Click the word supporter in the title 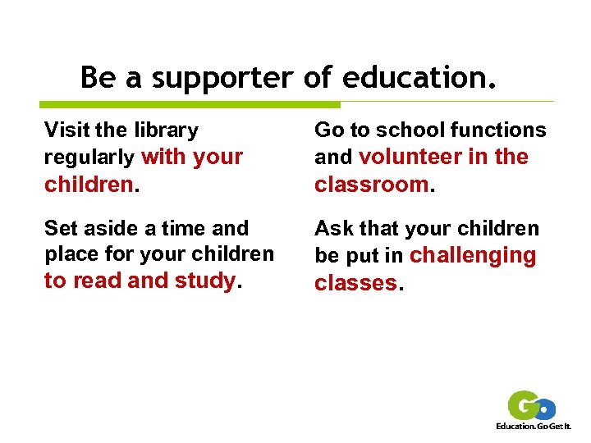pos(222,78)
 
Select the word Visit pos(66,130)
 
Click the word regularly pos(89,157)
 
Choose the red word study pos(204,281)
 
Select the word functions pos(500,130)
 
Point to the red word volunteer pos(410,157)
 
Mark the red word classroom pos(372,185)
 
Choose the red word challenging pos(472,256)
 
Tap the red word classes pos(355,284)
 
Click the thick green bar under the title pos(190,104)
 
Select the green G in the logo pos(523,406)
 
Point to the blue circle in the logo pos(545,409)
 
